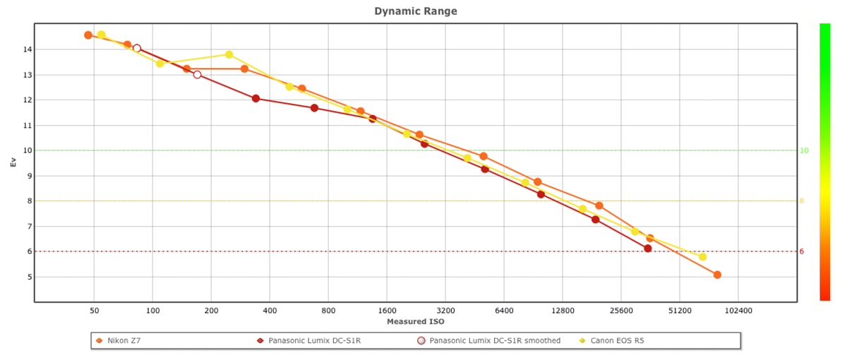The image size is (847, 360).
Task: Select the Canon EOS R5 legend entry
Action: click(x=616, y=340)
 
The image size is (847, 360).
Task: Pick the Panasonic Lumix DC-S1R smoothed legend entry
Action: click(x=494, y=340)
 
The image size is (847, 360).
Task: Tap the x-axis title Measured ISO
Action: click(x=416, y=322)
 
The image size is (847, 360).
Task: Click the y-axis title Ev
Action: click(x=13, y=162)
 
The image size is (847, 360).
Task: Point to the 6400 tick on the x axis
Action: click(x=504, y=310)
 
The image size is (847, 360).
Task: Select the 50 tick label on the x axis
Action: click(x=94, y=310)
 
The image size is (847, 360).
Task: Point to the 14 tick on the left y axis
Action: click(x=25, y=49)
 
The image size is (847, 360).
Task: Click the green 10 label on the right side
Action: click(x=804, y=150)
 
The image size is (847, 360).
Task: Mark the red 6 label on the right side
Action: click(x=802, y=251)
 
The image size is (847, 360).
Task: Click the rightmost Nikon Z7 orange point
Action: click(x=717, y=275)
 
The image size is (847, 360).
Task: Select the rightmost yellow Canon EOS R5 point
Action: click(x=702, y=257)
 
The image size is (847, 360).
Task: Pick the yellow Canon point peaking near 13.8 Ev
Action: click(x=229, y=54)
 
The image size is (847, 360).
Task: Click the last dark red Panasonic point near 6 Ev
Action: click(x=648, y=248)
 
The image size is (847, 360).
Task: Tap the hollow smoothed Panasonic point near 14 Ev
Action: click(x=137, y=49)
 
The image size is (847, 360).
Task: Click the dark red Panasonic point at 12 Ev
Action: click(x=256, y=99)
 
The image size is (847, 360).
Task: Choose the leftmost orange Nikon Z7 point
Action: click(x=88, y=35)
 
